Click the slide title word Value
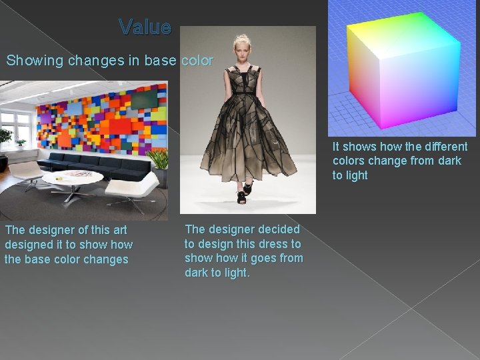(x=145, y=27)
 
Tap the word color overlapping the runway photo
(x=197, y=61)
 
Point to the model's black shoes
(x=241, y=196)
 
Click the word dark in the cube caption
(x=447, y=161)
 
